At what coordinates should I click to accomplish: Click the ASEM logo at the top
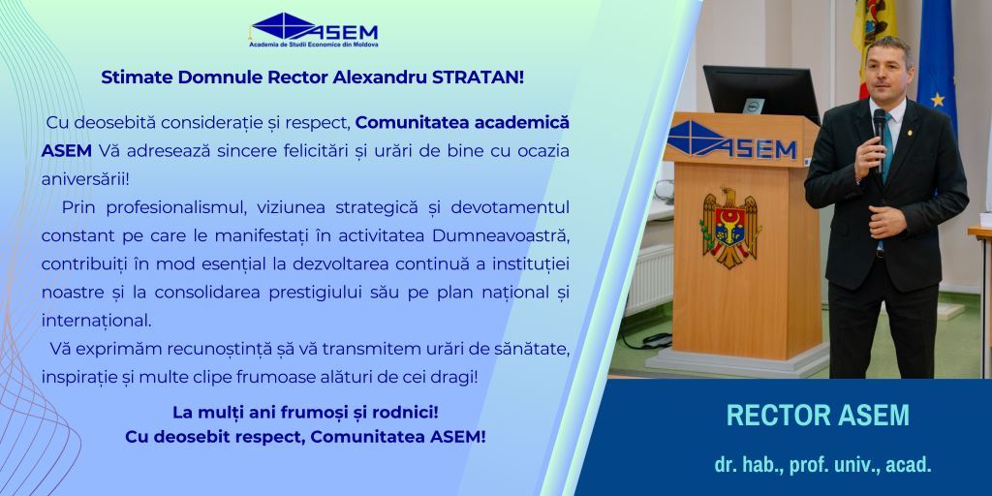point(314,30)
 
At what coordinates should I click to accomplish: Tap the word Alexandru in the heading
point(379,77)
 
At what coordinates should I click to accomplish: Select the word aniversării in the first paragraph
point(85,179)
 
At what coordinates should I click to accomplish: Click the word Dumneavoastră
point(501,236)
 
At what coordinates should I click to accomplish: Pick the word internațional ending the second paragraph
point(96,321)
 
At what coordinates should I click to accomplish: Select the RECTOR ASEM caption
point(818,415)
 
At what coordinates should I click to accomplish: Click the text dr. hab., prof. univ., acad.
point(823,465)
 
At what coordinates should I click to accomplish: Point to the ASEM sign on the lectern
point(732,141)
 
